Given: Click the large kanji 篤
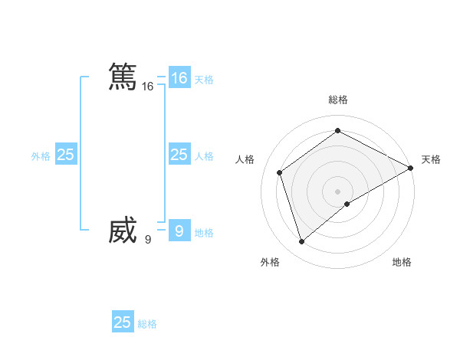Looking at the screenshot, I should pos(123,77).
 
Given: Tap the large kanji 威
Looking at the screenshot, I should pos(123,231).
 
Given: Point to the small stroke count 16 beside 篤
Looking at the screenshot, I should pos(148,87).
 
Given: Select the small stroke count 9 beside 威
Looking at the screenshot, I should pos(148,240).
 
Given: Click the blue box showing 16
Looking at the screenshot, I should pos(179,78).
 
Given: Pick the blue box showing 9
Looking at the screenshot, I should pos(179,231).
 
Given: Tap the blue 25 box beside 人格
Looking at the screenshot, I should pos(179,155).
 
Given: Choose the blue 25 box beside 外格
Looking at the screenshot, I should pos(66,155).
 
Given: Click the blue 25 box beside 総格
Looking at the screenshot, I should pos(123,322).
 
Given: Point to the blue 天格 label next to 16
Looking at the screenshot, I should pos(204,80).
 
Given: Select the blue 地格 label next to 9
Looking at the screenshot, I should pos(204,233).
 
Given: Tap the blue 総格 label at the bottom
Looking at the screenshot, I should pos(147,324).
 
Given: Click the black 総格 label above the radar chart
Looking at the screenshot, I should pos(337,100).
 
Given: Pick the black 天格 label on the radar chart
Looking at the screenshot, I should pos(431,159).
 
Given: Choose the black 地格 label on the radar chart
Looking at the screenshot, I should pos(402,262).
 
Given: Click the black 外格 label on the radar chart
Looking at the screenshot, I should pos(270,262).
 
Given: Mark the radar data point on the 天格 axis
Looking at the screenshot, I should pos(411,168).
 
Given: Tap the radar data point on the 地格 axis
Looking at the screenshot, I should pos(347,204).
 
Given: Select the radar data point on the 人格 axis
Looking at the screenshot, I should pos(280,172).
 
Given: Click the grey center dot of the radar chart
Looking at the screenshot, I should pos(337,191).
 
